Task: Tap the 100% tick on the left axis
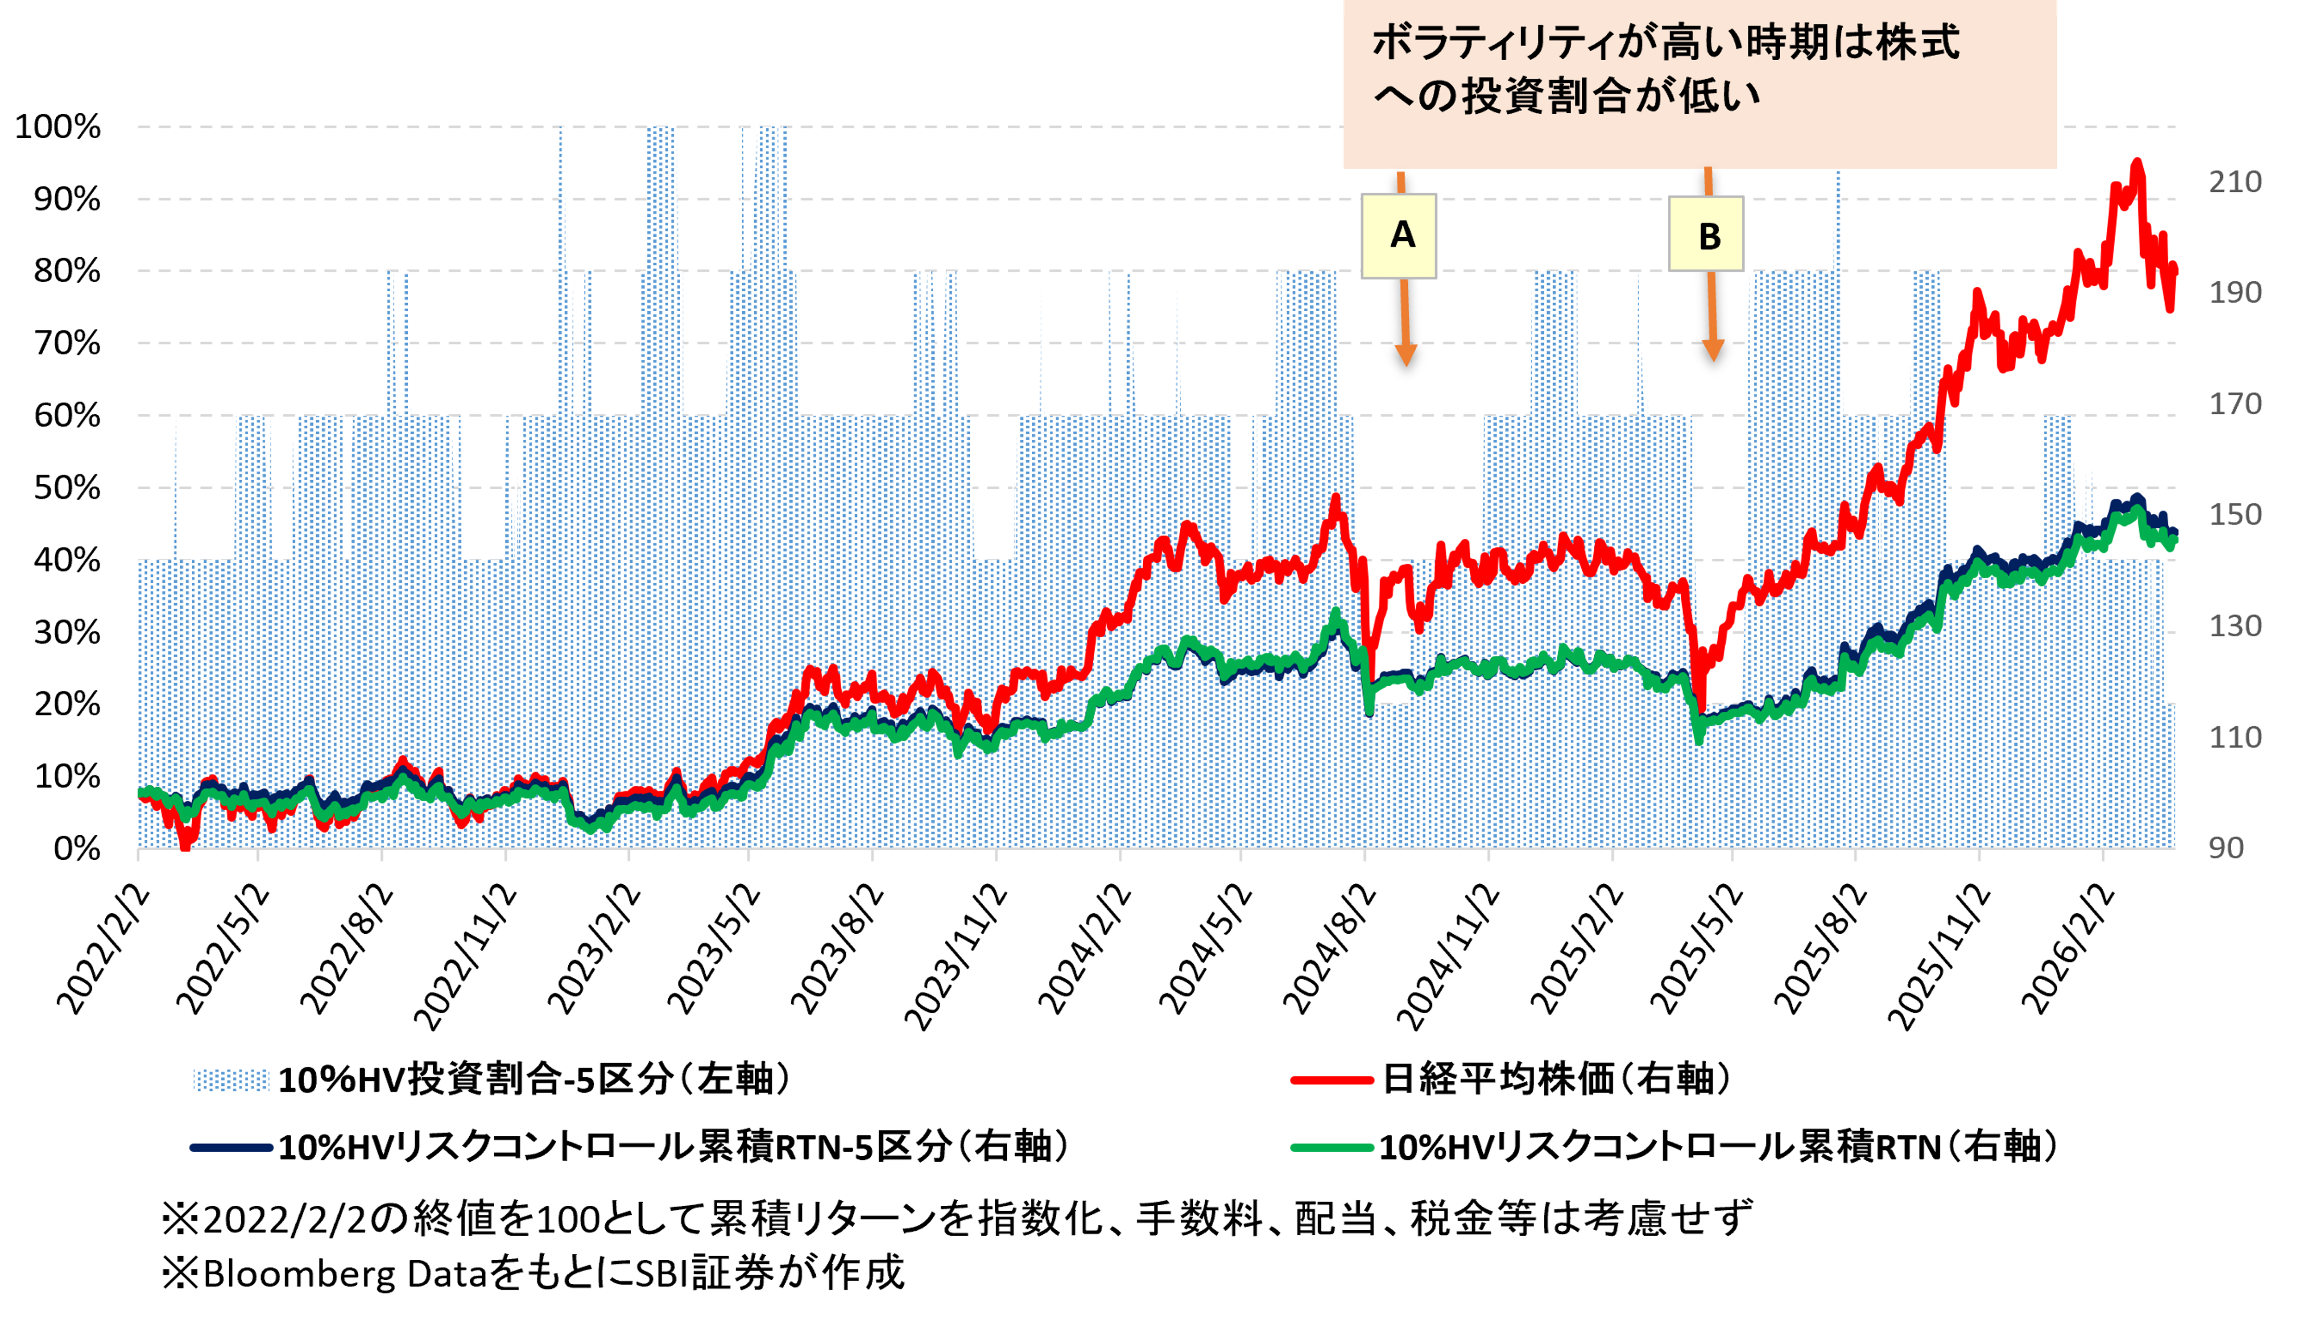click(58, 127)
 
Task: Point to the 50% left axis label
click(66, 488)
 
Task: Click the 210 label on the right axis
click(2234, 182)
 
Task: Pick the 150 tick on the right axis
click(2234, 515)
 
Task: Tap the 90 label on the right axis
click(2226, 848)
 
